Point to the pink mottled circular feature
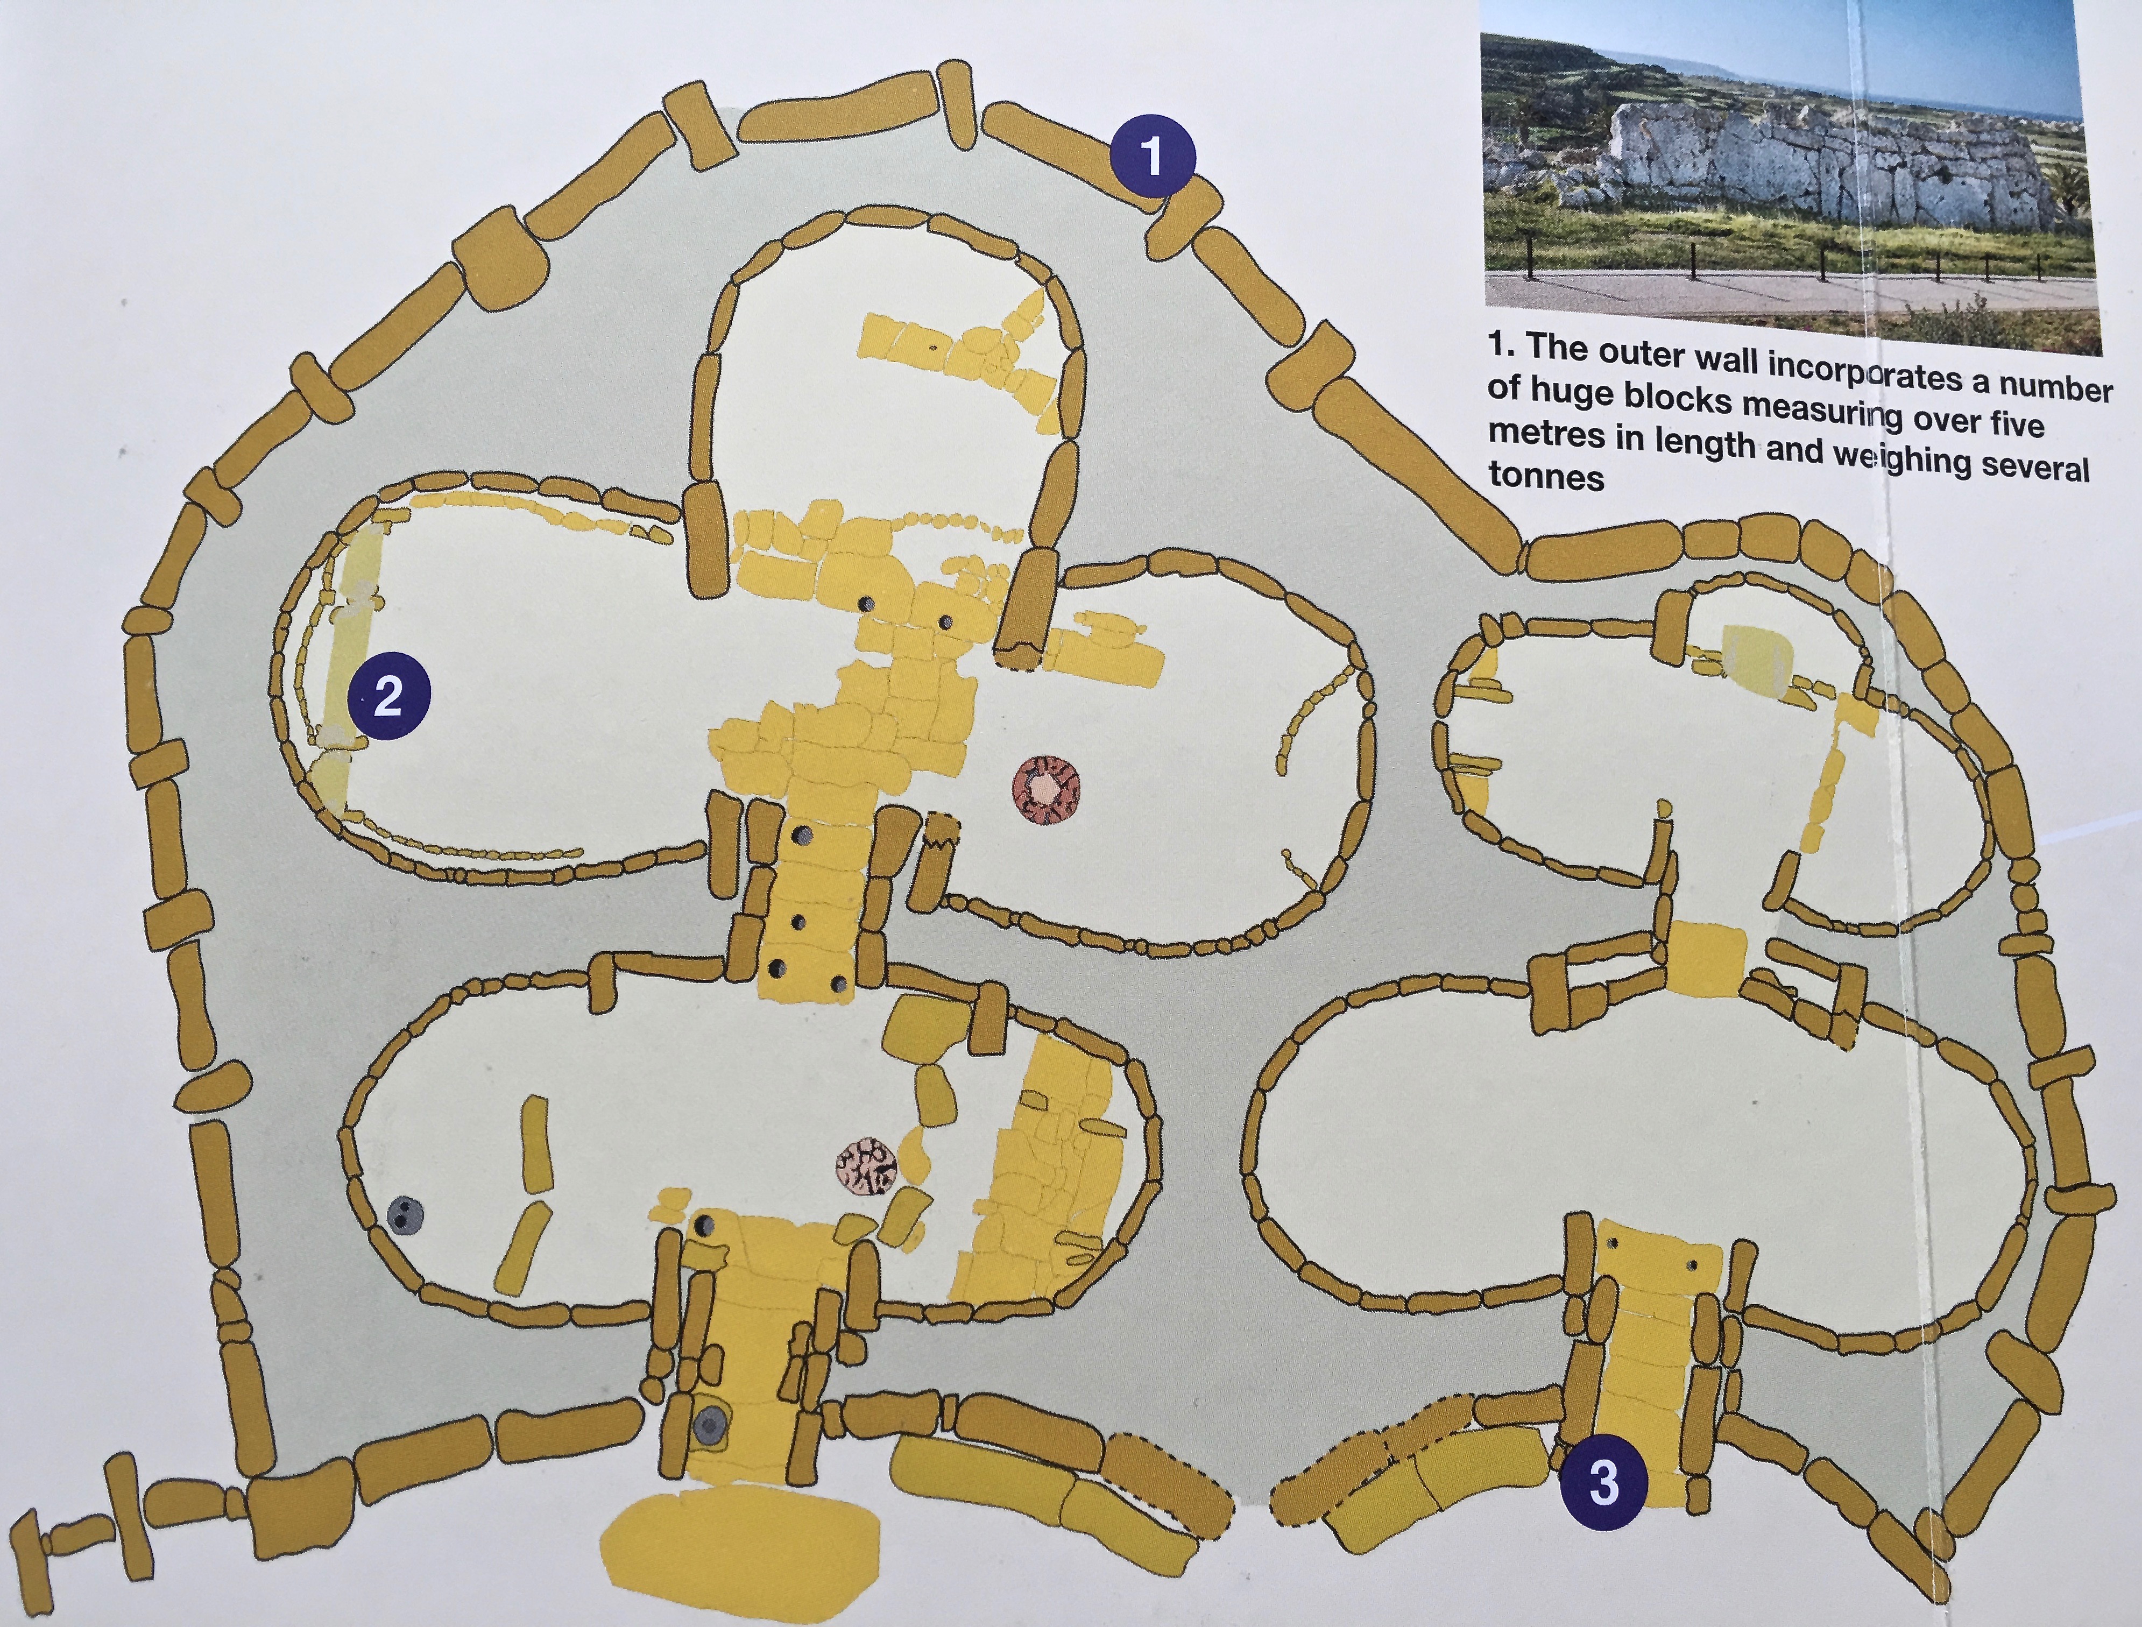click(x=868, y=1167)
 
